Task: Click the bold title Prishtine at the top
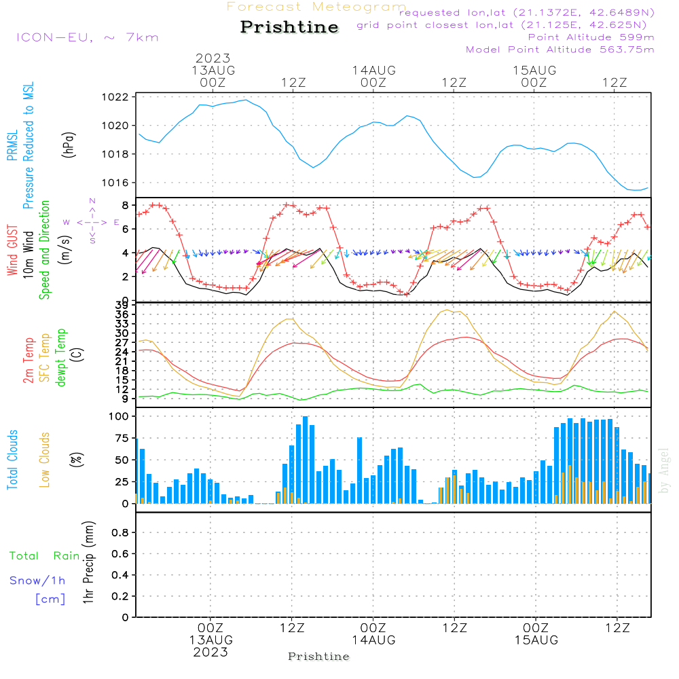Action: point(289,27)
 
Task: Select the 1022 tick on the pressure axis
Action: point(115,97)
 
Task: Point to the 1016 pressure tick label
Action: point(115,183)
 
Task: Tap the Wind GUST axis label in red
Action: point(12,250)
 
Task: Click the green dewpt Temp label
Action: point(60,357)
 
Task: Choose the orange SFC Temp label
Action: point(44,358)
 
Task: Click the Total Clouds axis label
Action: point(12,460)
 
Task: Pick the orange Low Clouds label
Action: point(44,460)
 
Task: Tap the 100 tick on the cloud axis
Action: point(119,416)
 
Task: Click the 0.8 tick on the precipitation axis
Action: point(120,532)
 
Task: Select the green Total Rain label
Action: point(45,556)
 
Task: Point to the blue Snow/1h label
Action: point(37,581)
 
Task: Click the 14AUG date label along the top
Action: point(373,71)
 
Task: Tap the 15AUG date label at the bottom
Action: point(536,640)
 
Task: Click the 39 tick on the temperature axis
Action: point(122,306)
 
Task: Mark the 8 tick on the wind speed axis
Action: point(125,205)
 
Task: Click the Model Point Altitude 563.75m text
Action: point(560,50)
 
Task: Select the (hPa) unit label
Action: point(69,145)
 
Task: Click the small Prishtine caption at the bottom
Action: point(318,657)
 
